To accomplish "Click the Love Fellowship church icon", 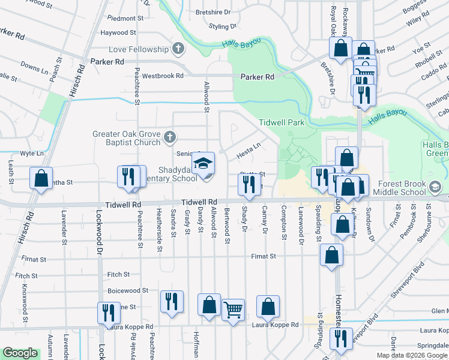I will point(177,49).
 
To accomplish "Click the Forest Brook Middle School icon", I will point(433,188).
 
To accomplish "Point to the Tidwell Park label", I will point(282,122).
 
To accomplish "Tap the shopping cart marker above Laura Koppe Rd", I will point(233,310).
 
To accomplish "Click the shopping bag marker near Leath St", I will point(41,178).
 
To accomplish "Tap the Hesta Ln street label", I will point(248,146).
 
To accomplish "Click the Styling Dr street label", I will point(222,27).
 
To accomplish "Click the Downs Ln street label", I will point(34,67).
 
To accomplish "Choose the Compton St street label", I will point(283,222).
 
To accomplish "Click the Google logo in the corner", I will point(20,353).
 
